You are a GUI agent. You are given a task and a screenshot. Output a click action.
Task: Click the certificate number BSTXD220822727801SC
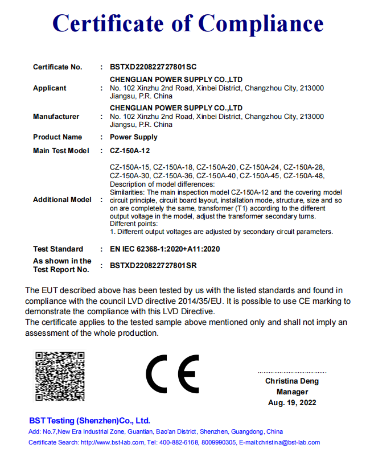pyautogui.click(x=153, y=67)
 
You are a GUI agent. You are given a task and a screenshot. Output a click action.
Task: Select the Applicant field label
pyautogui.click(x=50, y=88)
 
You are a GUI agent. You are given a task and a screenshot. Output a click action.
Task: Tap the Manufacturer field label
pyautogui.click(x=56, y=117)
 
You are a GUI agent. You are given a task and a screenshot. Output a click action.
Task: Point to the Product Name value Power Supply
pyautogui.click(x=134, y=137)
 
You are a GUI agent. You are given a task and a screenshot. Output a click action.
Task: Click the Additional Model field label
pyautogui.click(x=62, y=200)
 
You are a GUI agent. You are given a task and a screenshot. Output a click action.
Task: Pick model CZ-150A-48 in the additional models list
pyautogui.click(x=303, y=176)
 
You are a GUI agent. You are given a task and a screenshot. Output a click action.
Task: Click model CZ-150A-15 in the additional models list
pyautogui.click(x=129, y=167)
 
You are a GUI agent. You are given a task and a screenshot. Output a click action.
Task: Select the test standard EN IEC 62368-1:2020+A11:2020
pyautogui.click(x=165, y=249)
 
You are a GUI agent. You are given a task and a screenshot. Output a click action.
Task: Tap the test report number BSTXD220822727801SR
pyautogui.click(x=153, y=265)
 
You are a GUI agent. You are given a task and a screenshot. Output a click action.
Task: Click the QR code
pyautogui.click(x=60, y=376)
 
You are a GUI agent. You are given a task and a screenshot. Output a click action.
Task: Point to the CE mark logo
pyautogui.click(x=172, y=374)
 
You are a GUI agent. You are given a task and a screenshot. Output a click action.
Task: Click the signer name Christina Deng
pyautogui.click(x=292, y=381)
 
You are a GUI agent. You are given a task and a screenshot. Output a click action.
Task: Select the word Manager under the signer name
pyautogui.click(x=292, y=392)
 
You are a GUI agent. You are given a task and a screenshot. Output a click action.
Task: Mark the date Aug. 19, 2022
pyautogui.click(x=292, y=402)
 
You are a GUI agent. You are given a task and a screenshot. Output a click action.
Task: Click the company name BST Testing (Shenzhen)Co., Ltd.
pyautogui.click(x=90, y=421)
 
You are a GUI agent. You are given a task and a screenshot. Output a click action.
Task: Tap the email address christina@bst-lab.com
pyautogui.click(x=289, y=442)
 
